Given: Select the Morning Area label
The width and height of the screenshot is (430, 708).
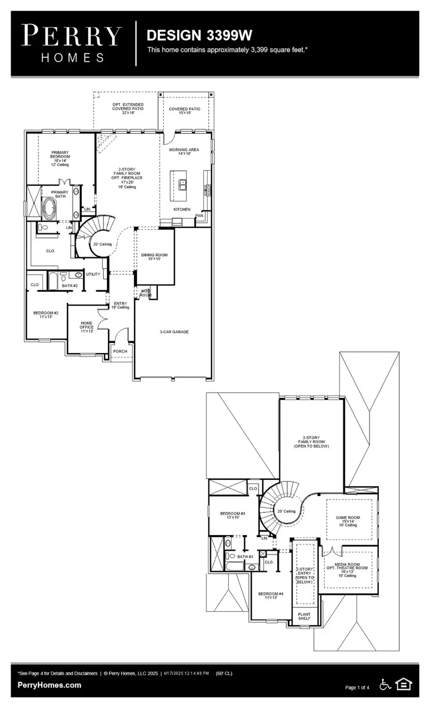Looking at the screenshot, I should tap(184, 151).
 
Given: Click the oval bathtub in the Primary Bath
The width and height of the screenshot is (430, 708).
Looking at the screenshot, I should tap(49, 209).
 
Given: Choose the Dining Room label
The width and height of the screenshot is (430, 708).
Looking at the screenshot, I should tap(154, 257).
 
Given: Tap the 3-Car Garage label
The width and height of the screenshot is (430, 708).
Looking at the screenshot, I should tap(174, 332).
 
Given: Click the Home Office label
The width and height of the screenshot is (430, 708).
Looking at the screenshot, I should tap(86, 327).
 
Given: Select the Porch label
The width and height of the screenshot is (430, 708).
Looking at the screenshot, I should tap(120, 351).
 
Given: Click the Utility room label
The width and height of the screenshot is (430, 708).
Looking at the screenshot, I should tap(93, 274).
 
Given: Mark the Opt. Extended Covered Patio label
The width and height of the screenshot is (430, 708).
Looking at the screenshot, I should tap(128, 108).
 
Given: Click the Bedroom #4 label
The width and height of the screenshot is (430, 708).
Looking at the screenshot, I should tap(270, 595).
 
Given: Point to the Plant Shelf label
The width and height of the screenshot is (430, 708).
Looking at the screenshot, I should tap(304, 616).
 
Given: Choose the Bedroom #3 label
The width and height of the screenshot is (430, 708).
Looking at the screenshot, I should tap(232, 515).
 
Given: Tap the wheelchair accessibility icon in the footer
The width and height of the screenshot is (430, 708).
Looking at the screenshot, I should tap(385, 685).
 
